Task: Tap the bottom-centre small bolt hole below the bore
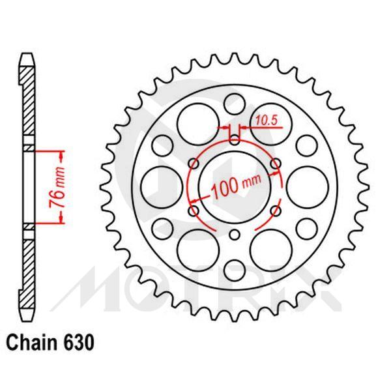tap(235, 236)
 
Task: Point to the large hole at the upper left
tap(194, 121)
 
